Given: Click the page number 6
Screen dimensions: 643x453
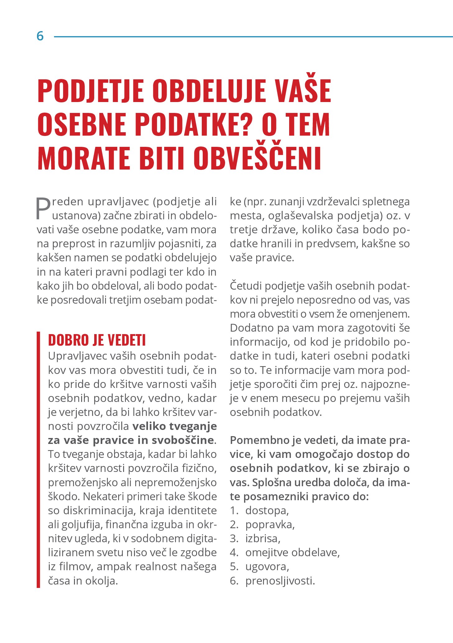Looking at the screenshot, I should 40,36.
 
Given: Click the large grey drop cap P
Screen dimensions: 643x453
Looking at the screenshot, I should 43,208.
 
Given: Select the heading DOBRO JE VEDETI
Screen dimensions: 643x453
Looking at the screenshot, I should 97,340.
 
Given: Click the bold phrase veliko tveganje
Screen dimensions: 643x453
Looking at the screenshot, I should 174,426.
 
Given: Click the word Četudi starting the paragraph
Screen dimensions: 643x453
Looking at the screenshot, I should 246,286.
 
